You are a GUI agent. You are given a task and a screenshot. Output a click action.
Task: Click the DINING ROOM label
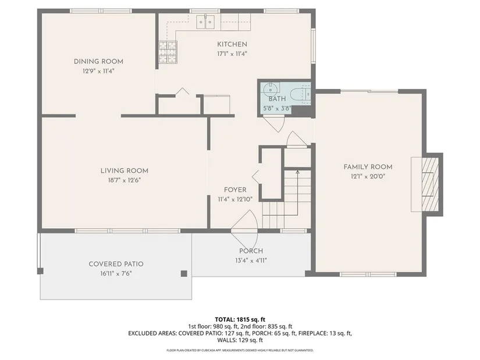click(98, 62)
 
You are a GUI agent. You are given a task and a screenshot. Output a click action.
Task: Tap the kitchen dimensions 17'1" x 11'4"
click(232, 54)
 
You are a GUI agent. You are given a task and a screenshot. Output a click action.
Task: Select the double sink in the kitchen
click(205, 22)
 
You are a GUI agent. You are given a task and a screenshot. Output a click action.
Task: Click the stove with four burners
click(168, 52)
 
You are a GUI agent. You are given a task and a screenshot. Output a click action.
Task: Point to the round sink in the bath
click(271, 89)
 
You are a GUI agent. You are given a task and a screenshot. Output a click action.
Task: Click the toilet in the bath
click(301, 94)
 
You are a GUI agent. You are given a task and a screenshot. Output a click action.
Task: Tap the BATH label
click(277, 99)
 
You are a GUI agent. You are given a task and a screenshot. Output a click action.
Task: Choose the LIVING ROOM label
click(125, 171)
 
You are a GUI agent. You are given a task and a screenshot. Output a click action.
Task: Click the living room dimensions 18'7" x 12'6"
click(125, 180)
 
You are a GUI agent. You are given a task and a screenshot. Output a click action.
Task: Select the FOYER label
click(235, 190)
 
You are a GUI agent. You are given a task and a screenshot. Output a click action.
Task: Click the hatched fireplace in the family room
click(430, 184)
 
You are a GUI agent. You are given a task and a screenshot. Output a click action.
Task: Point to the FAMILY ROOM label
click(368, 167)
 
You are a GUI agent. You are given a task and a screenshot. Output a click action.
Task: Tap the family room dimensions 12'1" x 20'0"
click(368, 176)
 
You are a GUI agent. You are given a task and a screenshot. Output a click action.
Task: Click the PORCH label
click(251, 251)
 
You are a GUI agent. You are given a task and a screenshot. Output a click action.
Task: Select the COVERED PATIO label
click(116, 264)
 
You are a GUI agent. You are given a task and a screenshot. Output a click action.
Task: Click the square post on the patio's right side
click(184, 274)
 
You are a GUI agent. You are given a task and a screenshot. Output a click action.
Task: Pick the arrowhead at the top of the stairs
click(297, 172)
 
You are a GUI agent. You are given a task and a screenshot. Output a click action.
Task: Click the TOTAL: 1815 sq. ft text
click(240, 320)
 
